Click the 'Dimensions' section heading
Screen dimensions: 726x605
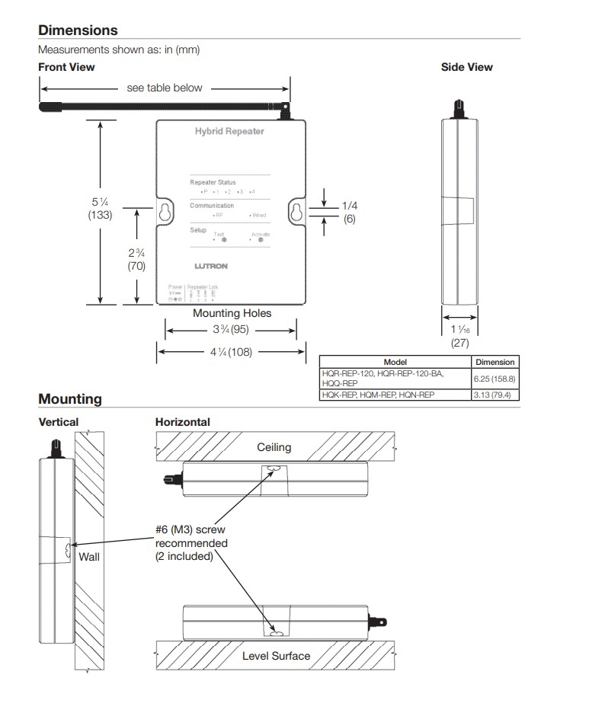tap(78, 30)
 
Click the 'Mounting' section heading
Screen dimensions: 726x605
tap(69, 399)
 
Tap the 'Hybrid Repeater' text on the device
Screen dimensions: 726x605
tap(229, 132)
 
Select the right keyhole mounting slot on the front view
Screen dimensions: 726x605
tap(296, 213)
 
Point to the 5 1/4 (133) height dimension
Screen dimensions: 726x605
tap(100, 208)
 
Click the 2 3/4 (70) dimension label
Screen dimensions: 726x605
tap(136, 259)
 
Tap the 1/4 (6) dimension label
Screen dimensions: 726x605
tap(349, 212)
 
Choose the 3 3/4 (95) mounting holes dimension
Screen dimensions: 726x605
tap(231, 331)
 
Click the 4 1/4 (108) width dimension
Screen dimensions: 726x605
tap(231, 352)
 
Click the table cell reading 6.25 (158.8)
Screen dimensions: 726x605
tap(495, 378)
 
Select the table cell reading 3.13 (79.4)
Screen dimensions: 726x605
tap(495, 395)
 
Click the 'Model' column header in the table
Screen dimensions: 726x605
tap(395, 362)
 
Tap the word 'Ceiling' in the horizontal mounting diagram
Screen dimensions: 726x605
tap(274, 448)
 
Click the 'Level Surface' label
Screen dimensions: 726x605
tap(276, 655)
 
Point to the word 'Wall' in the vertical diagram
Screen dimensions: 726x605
tap(89, 557)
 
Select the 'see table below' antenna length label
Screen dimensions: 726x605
tap(165, 88)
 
